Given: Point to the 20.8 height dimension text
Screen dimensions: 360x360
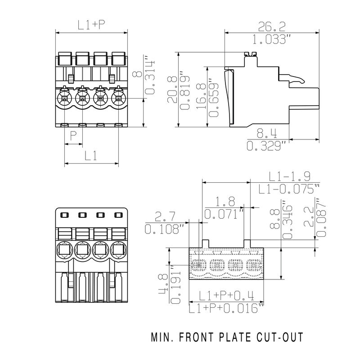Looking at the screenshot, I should click(172, 90).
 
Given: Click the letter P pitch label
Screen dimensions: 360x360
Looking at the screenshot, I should click(73, 135).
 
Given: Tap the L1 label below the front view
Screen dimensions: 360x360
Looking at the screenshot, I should click(91, 156).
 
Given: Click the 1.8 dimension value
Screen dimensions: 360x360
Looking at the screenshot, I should click(222, 201).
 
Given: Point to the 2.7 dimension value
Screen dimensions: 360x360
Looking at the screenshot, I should click(165, 217).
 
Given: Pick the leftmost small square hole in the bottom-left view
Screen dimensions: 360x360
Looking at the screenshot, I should click(64, 216).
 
